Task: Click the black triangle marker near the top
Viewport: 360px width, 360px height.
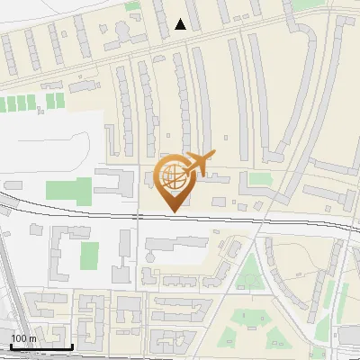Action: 181,24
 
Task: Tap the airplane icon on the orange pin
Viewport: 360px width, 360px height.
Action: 197,164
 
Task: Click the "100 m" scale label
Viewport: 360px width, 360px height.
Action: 23,338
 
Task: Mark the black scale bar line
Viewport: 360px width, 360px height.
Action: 40,346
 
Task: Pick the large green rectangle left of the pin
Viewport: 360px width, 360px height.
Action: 70,191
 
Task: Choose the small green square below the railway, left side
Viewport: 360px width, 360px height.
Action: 88,255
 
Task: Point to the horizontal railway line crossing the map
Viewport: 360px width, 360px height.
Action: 225,218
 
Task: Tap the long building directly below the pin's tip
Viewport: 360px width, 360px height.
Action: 175,243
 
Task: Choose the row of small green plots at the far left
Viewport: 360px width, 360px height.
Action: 31,103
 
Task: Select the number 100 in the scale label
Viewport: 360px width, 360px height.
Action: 18,338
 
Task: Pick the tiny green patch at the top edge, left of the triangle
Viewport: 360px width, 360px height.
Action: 132,5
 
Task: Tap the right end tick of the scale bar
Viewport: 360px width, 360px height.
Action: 72,346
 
